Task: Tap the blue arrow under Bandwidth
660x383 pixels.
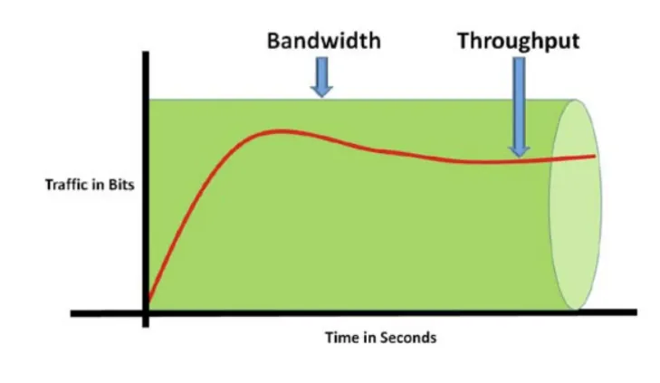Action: click(x=321, y=79)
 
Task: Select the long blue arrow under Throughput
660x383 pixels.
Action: click(x=519, y=104)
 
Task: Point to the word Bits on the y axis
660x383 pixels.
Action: click(x=120, y=185)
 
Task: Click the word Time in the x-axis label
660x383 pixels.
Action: click(x=340, y=338)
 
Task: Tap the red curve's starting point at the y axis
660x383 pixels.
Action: click(x=148, y=301)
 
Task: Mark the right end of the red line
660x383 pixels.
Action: click(x=595, y=156)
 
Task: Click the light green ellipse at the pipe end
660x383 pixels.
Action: click(x=575, y=204)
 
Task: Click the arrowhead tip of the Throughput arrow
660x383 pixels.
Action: click(x=519, y=156)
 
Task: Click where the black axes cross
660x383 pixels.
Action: click(x=146, y=313)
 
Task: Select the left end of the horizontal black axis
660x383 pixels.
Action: click(x=72, y=313)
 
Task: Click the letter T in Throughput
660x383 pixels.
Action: click(x=463, y=42)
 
